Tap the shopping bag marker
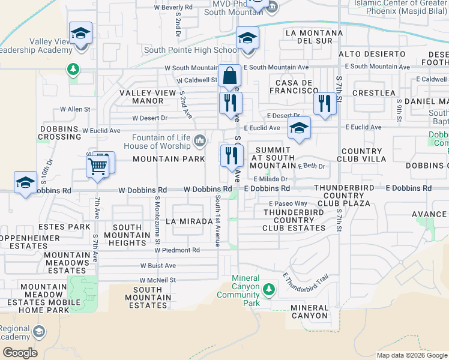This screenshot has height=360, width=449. point(229,77)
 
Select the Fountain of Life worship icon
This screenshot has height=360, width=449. point(200,142)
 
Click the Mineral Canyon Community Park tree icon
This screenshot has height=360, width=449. point(269,290)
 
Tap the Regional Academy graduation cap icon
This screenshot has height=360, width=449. point(39,332)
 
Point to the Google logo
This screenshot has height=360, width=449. point(20,353)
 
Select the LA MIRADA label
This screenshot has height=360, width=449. point(194,221)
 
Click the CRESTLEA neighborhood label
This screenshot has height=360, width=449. point(374,93)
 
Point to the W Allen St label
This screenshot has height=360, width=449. point(75,110)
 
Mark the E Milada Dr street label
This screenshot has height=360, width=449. point(271,179)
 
